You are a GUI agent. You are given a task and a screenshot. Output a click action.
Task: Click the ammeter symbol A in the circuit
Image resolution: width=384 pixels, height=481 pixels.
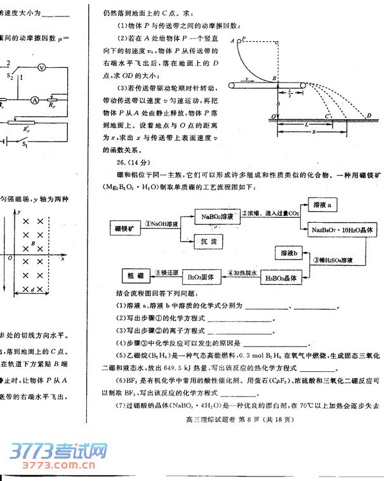point(36,100)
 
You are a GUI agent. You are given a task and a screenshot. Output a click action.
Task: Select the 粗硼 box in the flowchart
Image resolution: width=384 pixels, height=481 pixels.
point(135,277)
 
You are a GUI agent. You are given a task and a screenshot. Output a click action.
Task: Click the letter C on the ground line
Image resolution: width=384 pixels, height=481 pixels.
point(326,115)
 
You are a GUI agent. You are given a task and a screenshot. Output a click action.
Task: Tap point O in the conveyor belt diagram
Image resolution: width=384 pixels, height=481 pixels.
point(273,116)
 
